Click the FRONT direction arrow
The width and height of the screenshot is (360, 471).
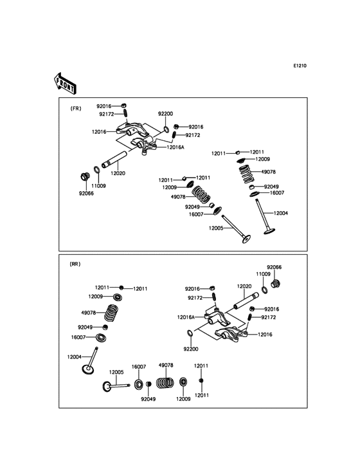tap(65, 82)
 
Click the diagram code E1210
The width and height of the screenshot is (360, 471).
tap(300, 66)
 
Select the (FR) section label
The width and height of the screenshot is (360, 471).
tap(76, 109)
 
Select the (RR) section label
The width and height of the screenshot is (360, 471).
tap(75, 264)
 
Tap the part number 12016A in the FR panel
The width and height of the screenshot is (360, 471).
tap(175, 147)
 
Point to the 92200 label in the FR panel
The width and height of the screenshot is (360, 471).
tap(166, 113)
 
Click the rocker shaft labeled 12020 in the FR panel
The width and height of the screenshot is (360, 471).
tap(114, 160)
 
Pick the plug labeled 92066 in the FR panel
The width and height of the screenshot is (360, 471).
tap(85, 176)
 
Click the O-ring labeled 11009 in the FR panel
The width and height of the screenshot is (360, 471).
tap(97, 169)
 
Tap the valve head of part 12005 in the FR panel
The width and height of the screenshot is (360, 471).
tap(246, 239)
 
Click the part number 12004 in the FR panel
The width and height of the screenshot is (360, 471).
tap(280, 213)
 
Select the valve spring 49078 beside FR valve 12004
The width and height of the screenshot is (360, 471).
tap(246, 174)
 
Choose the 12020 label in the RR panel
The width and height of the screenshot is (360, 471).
tap(244, 286)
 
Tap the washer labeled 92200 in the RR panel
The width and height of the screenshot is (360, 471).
tap(190, 333)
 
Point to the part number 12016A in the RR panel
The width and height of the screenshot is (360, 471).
tap(186, 317)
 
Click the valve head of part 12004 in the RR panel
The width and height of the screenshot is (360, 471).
tap(88, 369)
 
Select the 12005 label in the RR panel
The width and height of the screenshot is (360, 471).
tap(116, 372)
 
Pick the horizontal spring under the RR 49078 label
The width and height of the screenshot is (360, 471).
tap(165, 383)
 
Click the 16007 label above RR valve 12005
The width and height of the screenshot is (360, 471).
tap(139, 367)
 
